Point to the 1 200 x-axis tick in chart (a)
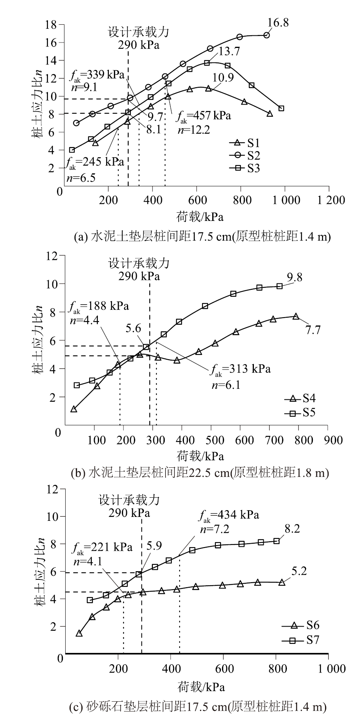point(329,200)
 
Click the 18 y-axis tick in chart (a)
point(51,25)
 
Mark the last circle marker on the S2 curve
point(267,35)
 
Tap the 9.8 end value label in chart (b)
point(294,278)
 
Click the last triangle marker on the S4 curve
point(296,316)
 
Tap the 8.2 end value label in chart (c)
point(292,529)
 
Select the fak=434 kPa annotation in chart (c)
point(229,515)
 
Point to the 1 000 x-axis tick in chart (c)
point(329,668)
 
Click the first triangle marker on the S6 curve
point(79,633)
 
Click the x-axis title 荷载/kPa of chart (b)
point(200,456)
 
